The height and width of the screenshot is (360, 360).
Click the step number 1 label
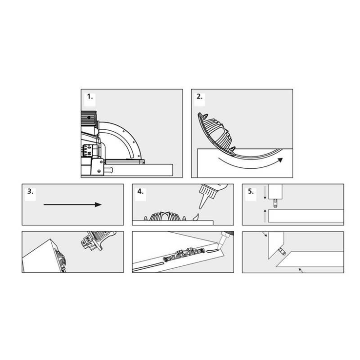point(90,97)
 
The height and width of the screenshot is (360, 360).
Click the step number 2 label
point(200,97)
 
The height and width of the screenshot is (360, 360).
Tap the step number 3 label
point(31,192)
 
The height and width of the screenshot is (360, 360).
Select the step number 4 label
point(140,192)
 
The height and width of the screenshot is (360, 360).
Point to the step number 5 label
point(251,192)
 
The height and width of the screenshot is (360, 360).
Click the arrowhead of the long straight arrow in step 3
point(98,204)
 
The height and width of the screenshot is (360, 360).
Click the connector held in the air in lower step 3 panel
point(95,239)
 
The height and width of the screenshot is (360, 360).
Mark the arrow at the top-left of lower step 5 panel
point(264,236)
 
